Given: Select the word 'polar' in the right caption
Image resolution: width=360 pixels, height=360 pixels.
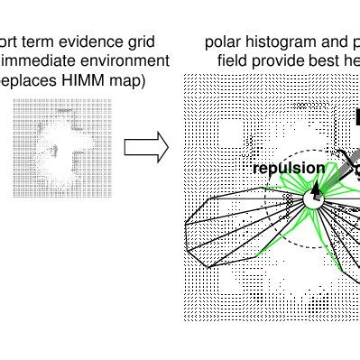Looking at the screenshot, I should tap(223, 42).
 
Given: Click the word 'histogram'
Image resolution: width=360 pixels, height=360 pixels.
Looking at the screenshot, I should tap(280, 42).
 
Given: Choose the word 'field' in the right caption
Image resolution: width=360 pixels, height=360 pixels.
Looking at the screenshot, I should tap(234, 60).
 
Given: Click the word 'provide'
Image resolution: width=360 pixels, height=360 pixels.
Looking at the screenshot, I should tap(282, 60).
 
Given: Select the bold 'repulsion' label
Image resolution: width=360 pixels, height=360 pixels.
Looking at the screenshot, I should tap(288, 168).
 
